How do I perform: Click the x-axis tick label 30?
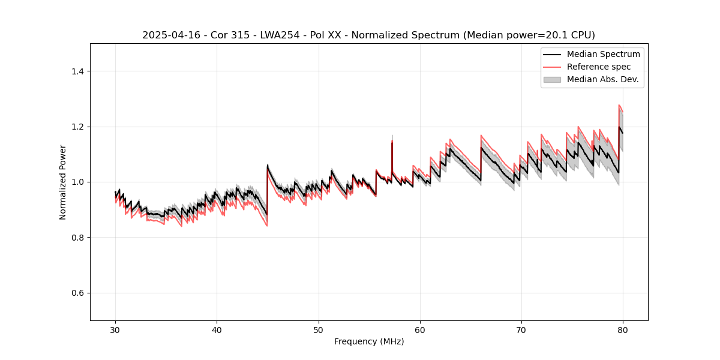tap(115, 330)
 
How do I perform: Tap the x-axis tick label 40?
tap(217, 330)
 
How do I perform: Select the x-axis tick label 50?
tap(319, 330)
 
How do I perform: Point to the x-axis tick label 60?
tap(420, 330)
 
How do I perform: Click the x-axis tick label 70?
tap(521, 330)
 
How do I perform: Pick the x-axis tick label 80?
tap(623, 330)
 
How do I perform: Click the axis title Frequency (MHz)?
tap(369, 342)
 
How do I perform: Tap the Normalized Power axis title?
tap(63, 182)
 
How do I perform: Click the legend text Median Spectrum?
tap(603, 55)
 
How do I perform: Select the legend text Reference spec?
tap(599, 67)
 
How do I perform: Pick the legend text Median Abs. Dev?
tap(602, 79)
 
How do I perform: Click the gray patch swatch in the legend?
tap(552, 79)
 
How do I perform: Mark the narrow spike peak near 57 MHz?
tap(392, 140)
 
